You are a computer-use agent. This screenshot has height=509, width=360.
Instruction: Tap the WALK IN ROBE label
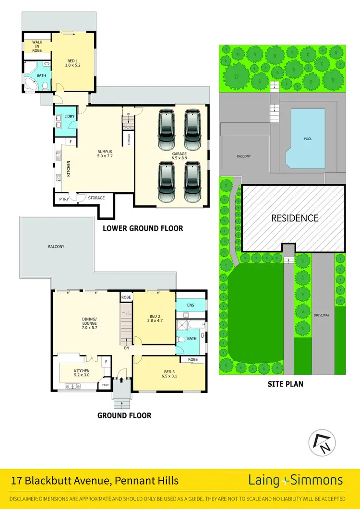tap(37, 46)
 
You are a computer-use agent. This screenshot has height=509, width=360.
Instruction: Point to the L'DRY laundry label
tap(62, 117)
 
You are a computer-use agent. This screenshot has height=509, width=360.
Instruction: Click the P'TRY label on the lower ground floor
tap(63, 199)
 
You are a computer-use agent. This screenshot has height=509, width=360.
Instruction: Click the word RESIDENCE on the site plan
tap(295, 218)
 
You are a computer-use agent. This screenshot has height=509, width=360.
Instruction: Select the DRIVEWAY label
tap(321, 315)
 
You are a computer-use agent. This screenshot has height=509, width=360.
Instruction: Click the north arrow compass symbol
tap(322, 442)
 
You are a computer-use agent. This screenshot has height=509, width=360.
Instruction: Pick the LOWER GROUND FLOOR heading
tap(143, 228)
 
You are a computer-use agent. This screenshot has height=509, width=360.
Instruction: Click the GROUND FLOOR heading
tap(124, 415)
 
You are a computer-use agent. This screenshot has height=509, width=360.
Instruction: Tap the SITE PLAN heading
tap(285, 384)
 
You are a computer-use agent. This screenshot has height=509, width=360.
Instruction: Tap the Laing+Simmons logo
tap(295, 480)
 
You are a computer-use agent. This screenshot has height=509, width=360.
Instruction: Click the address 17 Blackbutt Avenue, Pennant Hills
tap(95, 481)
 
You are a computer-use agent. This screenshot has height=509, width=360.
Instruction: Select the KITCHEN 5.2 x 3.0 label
tap(82, 373)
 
